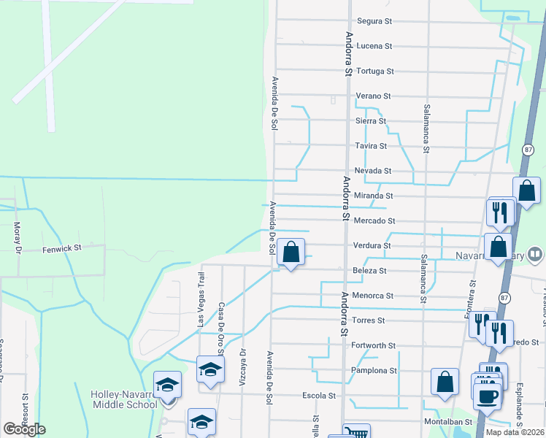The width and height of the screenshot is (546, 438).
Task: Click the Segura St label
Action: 375,21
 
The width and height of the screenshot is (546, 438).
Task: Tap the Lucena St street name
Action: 374,46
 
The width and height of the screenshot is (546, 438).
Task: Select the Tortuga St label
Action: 375,72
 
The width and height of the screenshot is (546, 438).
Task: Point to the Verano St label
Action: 374,96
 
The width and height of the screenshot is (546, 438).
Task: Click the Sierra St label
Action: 370,121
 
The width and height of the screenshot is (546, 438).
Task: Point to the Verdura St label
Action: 373,245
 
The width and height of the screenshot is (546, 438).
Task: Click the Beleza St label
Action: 369,270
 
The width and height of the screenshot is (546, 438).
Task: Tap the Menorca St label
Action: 374,296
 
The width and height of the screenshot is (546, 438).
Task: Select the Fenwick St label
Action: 61,248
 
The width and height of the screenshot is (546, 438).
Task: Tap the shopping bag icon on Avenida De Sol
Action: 291,253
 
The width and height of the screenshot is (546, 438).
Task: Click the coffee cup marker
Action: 488,396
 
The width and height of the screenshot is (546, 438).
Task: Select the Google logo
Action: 24,429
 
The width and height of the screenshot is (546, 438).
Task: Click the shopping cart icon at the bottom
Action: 356,432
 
